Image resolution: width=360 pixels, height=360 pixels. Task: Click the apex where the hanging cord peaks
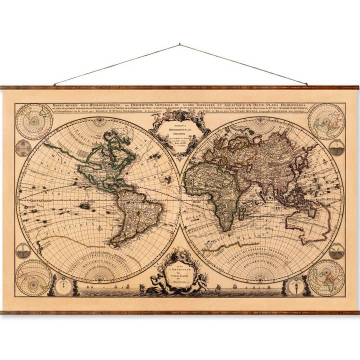179,44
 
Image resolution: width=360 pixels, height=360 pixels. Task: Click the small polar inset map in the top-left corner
34,121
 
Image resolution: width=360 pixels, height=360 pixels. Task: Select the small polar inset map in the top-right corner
326,121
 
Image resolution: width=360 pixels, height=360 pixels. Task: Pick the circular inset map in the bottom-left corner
33,277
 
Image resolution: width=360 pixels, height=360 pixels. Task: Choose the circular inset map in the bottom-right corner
326,277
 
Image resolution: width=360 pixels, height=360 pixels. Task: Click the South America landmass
134,215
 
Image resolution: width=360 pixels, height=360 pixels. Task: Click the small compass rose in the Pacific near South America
99,228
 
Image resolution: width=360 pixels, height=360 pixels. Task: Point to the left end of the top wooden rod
3,87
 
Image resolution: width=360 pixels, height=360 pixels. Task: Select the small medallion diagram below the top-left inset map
23,148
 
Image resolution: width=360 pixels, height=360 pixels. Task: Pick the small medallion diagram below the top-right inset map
336,148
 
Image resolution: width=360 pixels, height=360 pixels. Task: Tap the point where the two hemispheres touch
180,199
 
